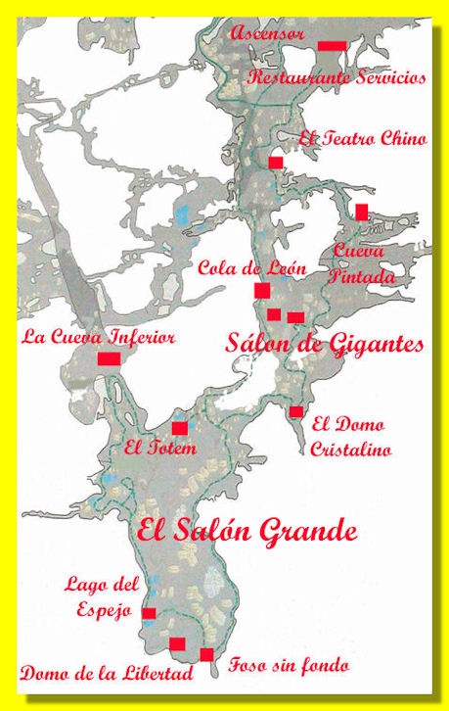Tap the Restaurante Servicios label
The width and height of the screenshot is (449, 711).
pos(337,77)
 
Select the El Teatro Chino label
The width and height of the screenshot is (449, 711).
pos(362,138)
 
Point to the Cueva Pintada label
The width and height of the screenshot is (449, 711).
pos(364,263)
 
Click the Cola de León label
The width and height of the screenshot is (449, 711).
pos(252,268)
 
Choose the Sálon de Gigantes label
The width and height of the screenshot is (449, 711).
pos(325,344)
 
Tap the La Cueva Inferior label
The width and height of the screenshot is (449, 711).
pos(98,338)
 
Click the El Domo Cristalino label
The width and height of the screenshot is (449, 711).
pos(350,438)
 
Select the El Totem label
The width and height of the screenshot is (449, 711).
pos(160,449)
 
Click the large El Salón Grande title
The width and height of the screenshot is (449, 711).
pos(247,532)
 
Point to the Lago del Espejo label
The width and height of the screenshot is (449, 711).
pos(102,596)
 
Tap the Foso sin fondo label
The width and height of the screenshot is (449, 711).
pos(288,666)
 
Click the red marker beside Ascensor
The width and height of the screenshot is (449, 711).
pos(332,46)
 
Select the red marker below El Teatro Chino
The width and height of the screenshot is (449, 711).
pos(276,162)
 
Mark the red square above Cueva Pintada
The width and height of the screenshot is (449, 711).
pos(362,212)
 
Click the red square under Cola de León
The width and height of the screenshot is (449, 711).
pos(262,290)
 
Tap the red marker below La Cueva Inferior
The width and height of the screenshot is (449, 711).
pos(109,359)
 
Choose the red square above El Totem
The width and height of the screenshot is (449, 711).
pos(179,428)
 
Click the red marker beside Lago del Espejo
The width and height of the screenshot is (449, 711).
pos(149,614)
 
